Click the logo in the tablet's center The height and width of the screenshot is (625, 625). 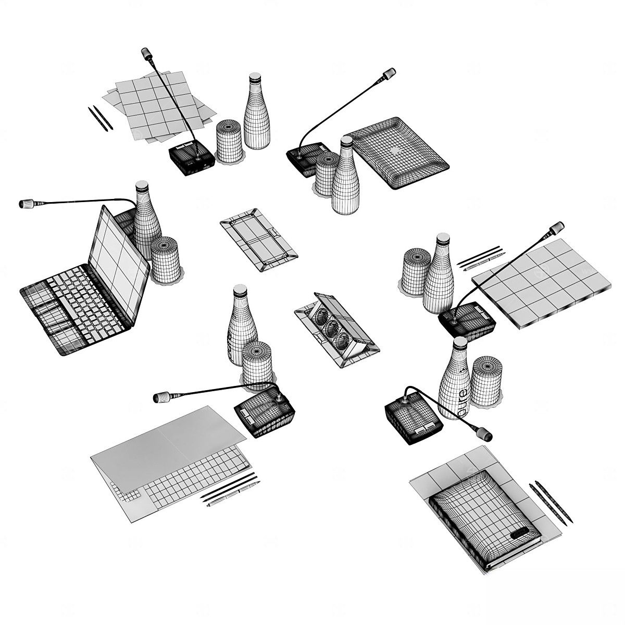tap(396, 151)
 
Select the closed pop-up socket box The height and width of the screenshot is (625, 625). tap(258, 240)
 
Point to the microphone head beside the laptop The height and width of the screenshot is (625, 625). tap(27, 204)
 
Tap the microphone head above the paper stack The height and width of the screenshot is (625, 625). tap(146, 53)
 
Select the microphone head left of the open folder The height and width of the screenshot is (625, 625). tap(161, 397)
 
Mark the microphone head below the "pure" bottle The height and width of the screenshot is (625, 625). tap(484, 434)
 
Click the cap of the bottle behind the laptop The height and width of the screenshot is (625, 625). tap(142, 186)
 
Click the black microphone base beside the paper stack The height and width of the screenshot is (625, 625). tap(192, 158)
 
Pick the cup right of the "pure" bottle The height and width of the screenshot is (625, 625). tap(486, 381)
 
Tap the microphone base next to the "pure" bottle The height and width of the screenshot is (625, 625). tap(413, 417)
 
